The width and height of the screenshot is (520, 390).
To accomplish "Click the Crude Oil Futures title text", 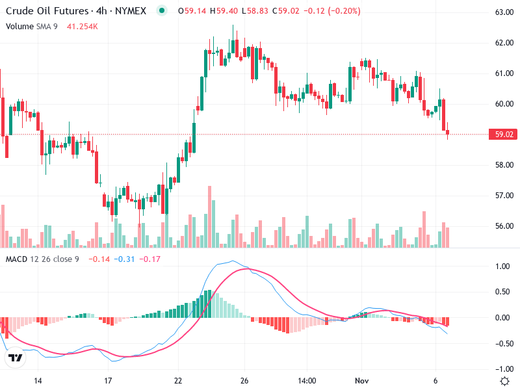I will click(x=48, y=11).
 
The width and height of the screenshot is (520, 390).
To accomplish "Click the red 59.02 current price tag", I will click(x=504, y=135).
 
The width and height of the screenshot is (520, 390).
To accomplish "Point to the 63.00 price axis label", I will click(x=504, y=12).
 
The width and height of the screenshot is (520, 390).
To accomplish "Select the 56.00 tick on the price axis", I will click(x=504, y=226).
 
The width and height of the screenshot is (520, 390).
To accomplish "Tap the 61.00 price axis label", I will click(x=504, y=73).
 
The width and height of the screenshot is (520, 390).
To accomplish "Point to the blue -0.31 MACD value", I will click(x=124, y=259).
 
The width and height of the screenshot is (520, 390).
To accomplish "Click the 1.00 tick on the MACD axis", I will click(x=502, y=266).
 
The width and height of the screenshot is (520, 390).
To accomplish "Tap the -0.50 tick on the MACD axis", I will click(x=500, y=344).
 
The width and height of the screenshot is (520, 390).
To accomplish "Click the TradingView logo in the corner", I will click(x=16, y=357).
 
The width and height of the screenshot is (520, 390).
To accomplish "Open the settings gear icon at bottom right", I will click(x=504, y=380).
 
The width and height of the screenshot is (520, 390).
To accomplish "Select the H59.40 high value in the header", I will click(x=222, y=11).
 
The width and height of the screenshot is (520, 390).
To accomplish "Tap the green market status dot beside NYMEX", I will click(x=162, y=11).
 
